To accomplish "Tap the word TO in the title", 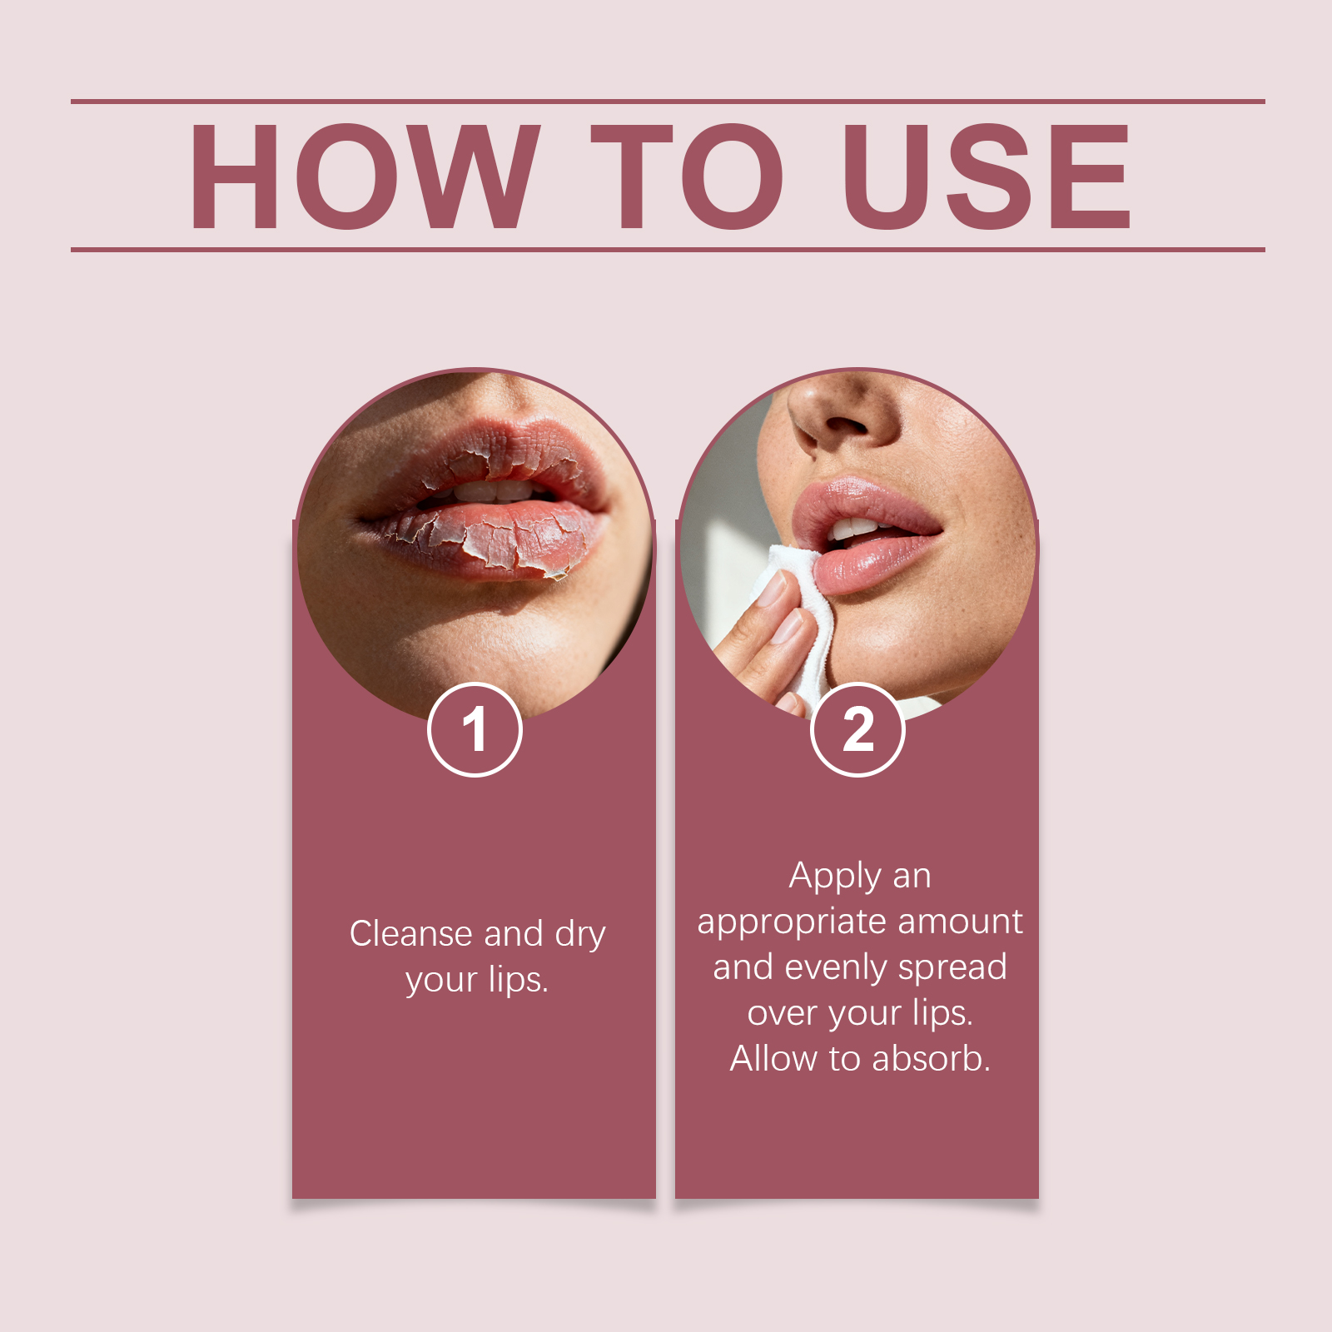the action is pos(688,176).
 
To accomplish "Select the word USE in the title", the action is pos(987,176).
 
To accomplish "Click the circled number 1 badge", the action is pos(475,729).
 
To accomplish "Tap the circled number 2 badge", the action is pos(857,729).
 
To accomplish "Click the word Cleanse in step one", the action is pos(411,933).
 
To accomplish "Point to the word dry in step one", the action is pos(580,936).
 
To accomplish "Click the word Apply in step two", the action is pos(836,877).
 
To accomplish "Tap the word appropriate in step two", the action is pos(791,923).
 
